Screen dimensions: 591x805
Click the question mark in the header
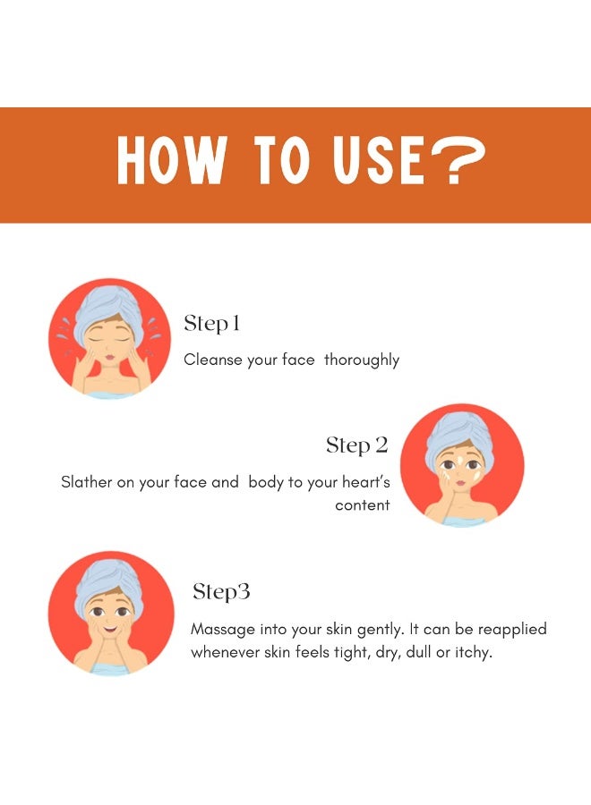click(x=458, y=161)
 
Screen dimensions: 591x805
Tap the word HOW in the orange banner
click(x=171, y=160)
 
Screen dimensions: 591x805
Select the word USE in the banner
click(x=379, y=160)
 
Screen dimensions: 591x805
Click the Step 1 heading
click(x=211, y=324)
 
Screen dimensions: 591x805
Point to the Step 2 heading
click(x=356, y=445)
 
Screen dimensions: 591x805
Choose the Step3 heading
click(x=221, y=592)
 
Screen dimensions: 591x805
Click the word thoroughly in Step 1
click(x=362, y=360)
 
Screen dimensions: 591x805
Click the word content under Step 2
click(x=363, y=505)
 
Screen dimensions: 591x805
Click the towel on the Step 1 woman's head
click(x=109, y=306)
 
